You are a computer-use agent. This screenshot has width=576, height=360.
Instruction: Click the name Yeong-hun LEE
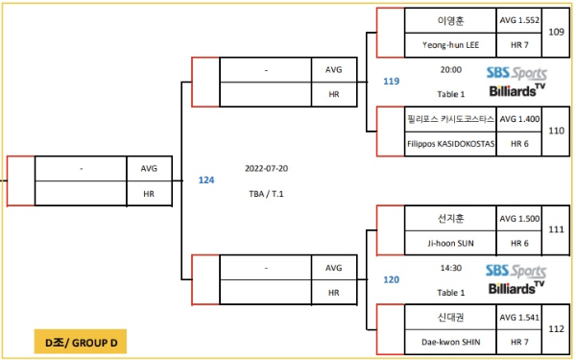point(450,44)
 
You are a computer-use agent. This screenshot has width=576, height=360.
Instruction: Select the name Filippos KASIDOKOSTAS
point(450,143)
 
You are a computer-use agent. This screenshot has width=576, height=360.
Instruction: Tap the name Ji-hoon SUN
point(450,243)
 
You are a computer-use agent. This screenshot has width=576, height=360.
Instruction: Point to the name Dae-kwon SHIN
point(450,342)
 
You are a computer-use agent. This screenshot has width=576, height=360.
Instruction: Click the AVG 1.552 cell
point(519,19)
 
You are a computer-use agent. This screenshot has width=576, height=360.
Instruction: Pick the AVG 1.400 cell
point(519,119)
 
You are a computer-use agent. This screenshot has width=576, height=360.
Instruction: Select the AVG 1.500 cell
point(519,218)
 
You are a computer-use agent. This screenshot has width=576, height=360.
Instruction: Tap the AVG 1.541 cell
point(519,317)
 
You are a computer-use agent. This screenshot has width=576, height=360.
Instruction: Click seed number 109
point(556,32)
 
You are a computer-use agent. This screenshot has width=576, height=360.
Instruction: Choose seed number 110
point(556,131)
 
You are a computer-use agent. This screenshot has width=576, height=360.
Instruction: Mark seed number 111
point(556,230)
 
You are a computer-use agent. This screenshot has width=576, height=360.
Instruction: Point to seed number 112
point(556,329)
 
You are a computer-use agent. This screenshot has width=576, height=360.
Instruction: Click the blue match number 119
point(391,82)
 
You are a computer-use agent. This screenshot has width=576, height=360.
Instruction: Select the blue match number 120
point(391,279)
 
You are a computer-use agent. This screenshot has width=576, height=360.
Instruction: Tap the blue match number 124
point(206,180)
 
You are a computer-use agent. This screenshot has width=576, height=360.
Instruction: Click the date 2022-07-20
point(266,168)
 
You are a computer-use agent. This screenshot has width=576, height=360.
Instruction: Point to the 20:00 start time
point(450,70)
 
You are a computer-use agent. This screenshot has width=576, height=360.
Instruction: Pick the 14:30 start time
point(450,269)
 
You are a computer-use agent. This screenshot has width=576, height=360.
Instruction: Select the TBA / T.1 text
point(266,194)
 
